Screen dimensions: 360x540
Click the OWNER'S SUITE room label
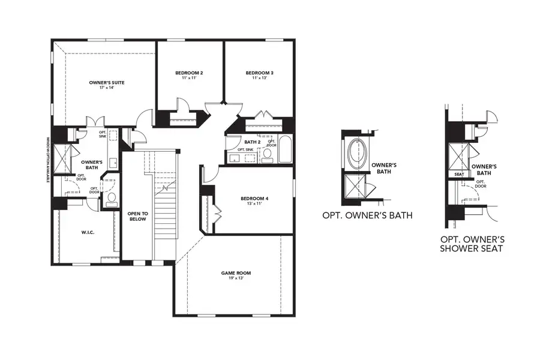106,82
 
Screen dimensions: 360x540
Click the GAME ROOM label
236,273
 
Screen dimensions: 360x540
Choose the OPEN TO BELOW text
137,216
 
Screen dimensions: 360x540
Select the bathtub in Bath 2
285,149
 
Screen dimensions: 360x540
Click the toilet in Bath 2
268,155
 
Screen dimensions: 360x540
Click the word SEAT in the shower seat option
460,174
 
